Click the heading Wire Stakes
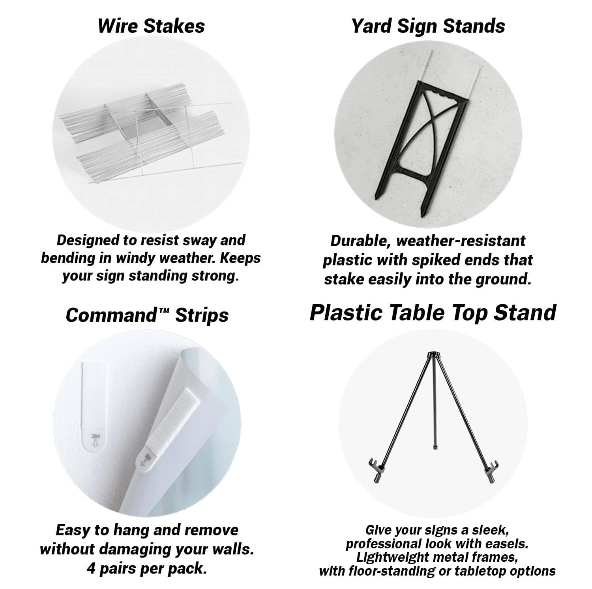[x=151, y=26]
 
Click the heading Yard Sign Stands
[x=428, y=26]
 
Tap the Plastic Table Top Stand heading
[x=433, y=312]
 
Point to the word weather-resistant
[x=461, y=241]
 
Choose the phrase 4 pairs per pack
[x=147, y=569]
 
